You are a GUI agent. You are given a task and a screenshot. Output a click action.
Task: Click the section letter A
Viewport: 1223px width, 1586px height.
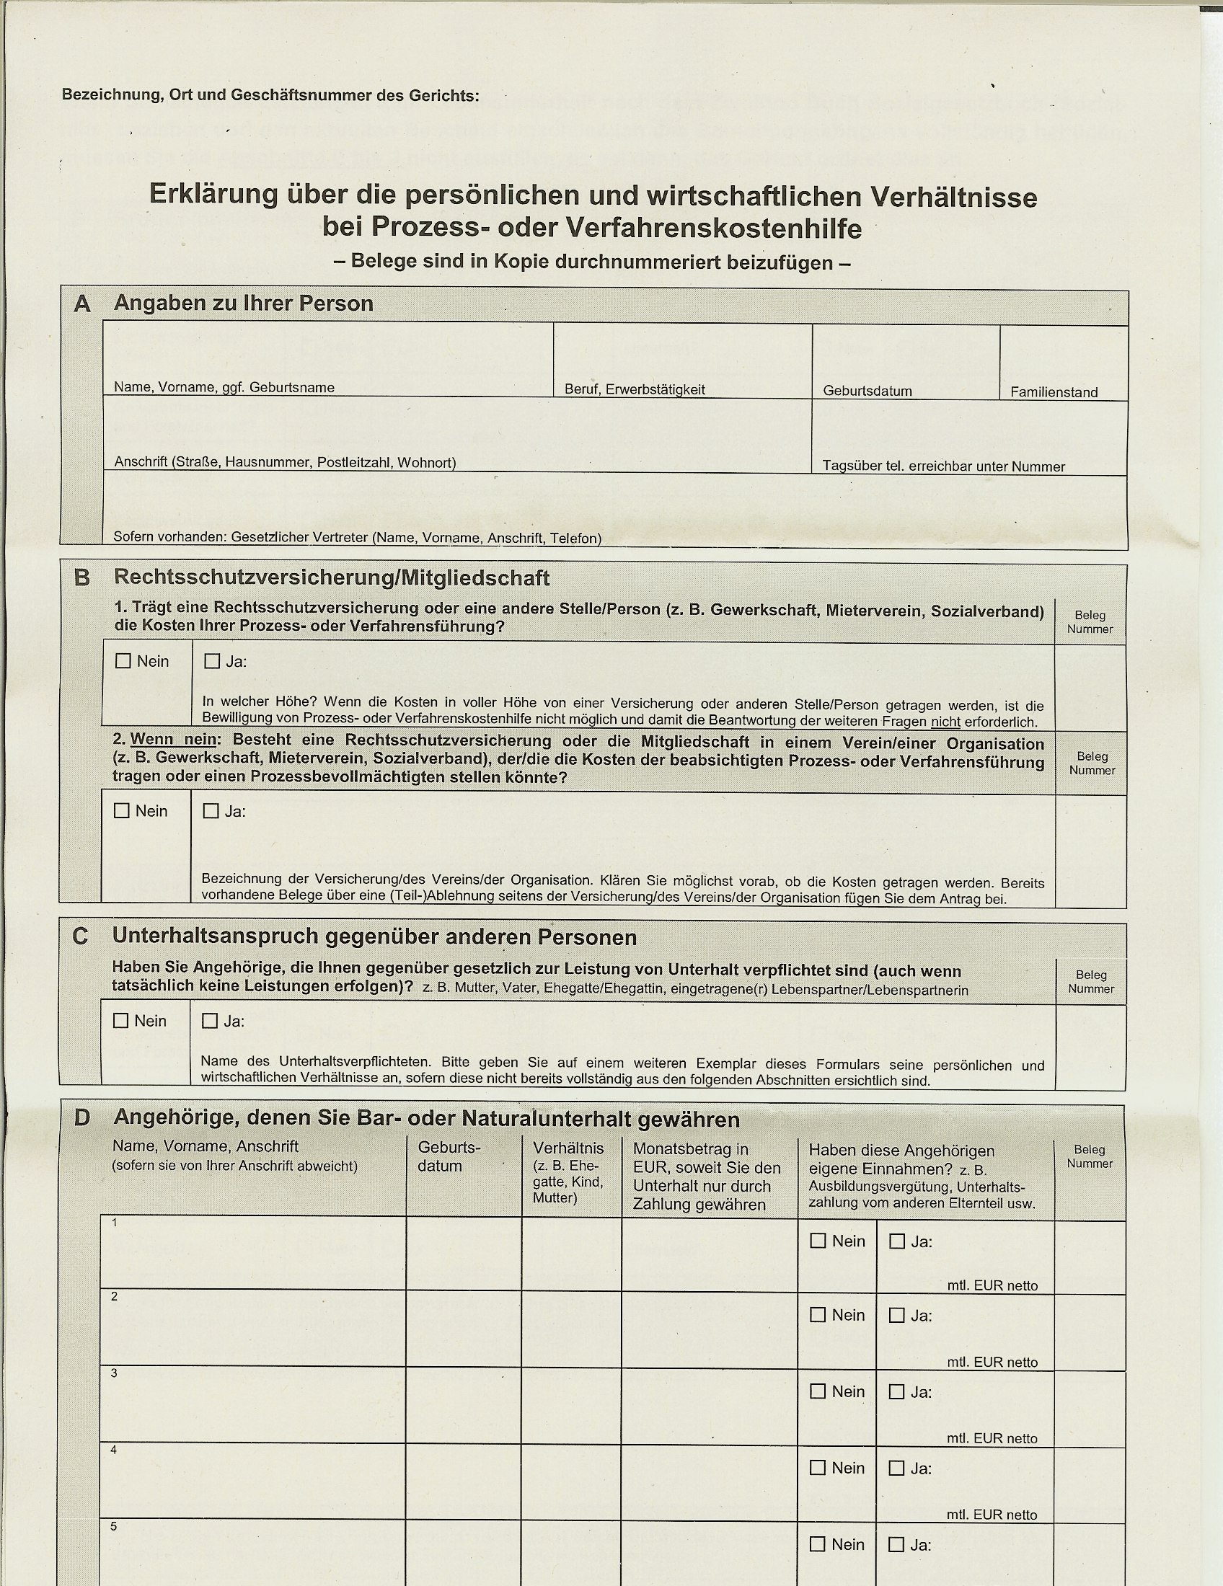[82, 304]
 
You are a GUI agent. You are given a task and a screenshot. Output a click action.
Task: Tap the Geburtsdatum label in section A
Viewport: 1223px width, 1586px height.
[867, 391]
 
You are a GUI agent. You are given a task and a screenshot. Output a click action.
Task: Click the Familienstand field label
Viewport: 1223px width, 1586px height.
[1054, 392]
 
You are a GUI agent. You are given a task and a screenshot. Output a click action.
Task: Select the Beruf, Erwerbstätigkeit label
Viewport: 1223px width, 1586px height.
[635, 389]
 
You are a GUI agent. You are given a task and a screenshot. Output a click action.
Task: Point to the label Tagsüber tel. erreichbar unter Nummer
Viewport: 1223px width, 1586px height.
[943, 466]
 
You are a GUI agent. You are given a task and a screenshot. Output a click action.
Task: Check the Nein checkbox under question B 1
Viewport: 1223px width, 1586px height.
[123, 661]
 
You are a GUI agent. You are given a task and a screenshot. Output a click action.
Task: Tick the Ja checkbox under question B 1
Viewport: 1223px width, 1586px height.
[212, 661]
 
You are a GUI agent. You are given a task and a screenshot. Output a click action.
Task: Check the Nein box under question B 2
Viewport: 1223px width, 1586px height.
[122, 810]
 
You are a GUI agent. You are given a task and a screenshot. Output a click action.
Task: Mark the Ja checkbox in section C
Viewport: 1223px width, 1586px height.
[210, 1020]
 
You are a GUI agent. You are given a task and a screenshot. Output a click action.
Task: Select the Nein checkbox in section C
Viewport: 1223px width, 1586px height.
[121, 1020]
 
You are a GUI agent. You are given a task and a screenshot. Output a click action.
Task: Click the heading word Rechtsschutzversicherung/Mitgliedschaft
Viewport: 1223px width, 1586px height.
[331, 578]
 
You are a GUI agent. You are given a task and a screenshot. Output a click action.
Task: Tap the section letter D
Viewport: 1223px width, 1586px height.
[82, 1117]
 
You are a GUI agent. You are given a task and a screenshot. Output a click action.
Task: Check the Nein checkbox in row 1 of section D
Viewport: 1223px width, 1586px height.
[818, 1241]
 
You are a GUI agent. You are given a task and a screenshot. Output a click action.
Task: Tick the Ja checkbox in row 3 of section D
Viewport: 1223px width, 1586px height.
[897, 1391]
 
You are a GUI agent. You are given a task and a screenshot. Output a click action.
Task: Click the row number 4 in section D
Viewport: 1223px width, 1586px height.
[114, 1450]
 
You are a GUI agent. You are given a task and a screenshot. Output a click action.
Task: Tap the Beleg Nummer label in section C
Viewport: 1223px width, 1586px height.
[1091, 981]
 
